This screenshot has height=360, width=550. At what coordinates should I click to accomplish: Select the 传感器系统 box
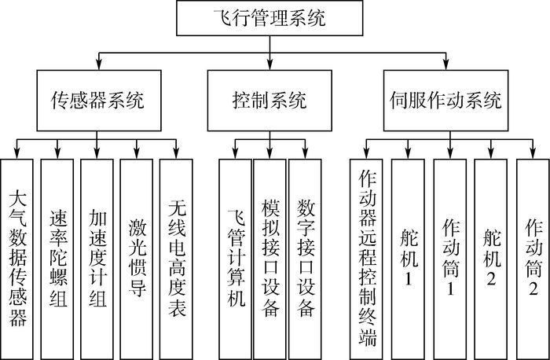click(97, 101)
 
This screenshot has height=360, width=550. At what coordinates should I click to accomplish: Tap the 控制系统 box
click(269, 101)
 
